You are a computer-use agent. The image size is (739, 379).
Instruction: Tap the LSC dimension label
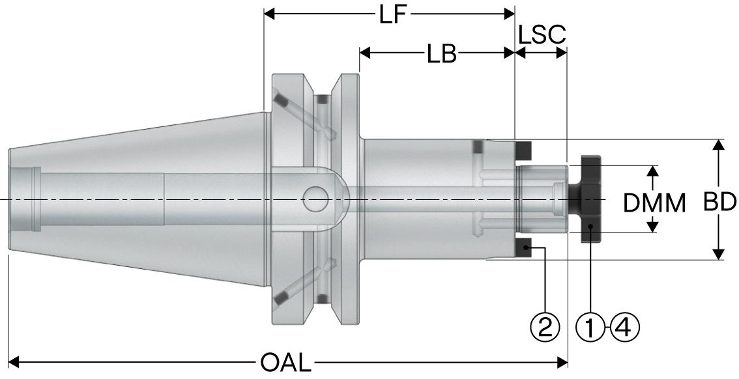tap(542, 36)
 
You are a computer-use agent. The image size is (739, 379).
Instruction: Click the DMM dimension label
tap(654, 204)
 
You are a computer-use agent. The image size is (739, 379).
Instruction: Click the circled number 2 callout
tap(545, 324)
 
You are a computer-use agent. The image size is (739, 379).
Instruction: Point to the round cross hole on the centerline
tap(316, 198)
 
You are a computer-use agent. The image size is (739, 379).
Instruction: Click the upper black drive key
tap(523, 151)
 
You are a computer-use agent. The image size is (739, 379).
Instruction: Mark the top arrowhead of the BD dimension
tap(718, 145)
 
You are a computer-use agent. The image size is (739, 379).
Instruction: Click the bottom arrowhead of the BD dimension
tap(718, 254)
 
